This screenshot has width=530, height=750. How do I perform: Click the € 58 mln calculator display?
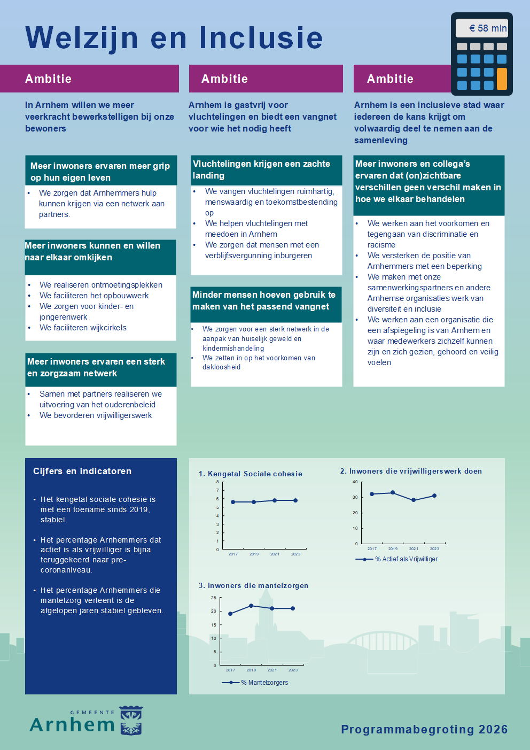pos(482,28)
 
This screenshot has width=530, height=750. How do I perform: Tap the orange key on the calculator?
pos(502,79)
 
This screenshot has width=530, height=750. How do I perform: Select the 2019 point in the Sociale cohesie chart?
pos(254,502)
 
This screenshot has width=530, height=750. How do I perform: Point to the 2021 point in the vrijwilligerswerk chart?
pos(414,500)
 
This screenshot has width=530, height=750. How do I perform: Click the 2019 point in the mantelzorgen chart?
pos(251,606)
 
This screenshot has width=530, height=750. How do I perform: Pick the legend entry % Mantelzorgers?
pos(264,683)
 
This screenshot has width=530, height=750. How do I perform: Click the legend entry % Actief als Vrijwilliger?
pos(406,559)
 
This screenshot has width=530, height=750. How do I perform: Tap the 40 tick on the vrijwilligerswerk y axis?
pos(355,482)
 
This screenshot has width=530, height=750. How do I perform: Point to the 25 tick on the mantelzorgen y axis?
pos(214,598)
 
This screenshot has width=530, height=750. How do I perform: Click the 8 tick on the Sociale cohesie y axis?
pos(217,482)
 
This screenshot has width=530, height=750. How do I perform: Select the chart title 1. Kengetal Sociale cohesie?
pos(250,474)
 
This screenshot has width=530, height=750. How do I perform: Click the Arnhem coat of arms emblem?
pos(131,721)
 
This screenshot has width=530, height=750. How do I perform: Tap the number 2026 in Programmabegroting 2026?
pos(493,729)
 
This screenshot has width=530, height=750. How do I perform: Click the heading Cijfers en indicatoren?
pos(82,471)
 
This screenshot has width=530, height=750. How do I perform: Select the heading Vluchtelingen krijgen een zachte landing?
pos(261,169)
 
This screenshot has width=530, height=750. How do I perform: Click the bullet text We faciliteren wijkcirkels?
pos(83,328)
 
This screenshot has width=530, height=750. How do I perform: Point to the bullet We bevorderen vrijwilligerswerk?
pos(96,415)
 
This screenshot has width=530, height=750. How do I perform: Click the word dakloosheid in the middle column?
pos(221,367)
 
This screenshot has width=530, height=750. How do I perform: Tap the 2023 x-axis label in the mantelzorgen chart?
pos(293,670)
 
